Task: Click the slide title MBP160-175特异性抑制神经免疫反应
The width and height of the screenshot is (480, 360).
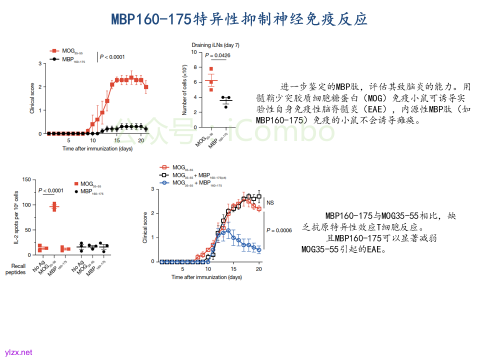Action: (239, 19)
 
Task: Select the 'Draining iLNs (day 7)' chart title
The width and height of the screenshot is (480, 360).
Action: (218, 45)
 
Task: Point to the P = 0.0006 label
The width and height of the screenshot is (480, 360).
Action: (279, 230)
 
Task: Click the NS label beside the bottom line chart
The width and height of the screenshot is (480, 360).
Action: (270, 202)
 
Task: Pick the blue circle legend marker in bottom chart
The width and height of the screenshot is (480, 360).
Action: (163, 183)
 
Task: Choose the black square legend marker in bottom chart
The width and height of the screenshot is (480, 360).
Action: (163, 175)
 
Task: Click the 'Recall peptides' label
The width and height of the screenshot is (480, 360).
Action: (15, 269)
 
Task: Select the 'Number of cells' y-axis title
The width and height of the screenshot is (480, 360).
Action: (185, 90)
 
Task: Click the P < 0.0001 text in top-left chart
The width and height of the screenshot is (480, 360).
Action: (112, 57)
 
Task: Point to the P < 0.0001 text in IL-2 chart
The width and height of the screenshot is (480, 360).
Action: (51, 190)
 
